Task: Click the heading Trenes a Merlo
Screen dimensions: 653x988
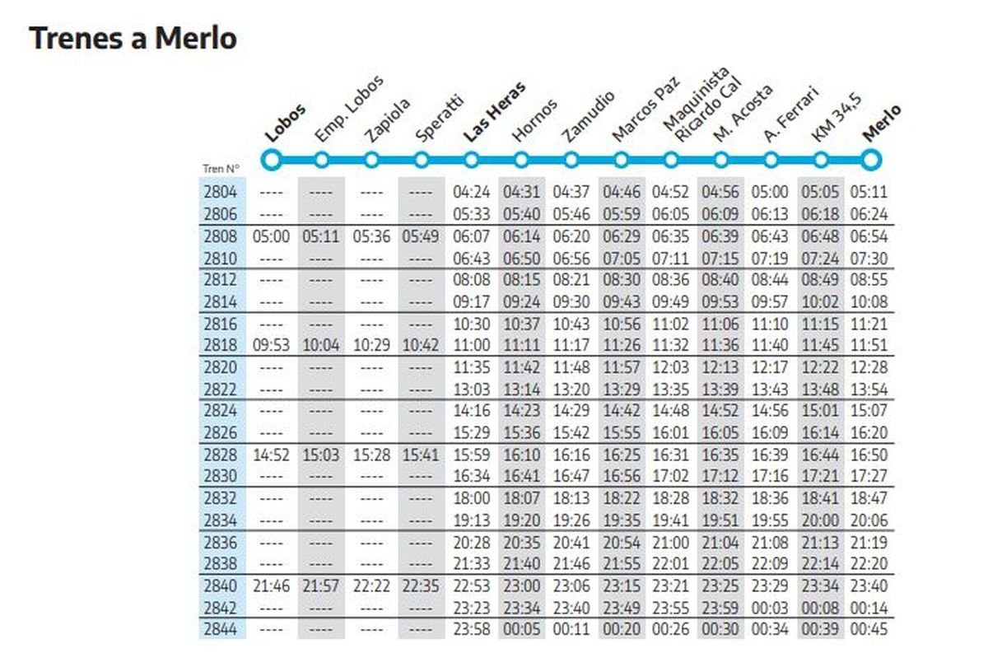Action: [x=133, y=38]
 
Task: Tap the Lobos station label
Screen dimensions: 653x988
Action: [x=285, y=124]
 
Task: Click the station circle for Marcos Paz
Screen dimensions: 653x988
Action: [x=621, y=160]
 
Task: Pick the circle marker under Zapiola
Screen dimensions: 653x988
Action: [x=371, y=160]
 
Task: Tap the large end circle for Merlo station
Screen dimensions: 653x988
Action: [x=870, y=159]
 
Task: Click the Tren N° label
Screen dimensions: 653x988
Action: [x=220, y=170]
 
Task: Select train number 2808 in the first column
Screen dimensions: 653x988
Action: [x=220, y=236]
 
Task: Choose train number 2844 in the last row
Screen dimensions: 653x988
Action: [x=220, y=629]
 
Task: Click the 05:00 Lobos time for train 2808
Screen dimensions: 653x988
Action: [x=272, y=236]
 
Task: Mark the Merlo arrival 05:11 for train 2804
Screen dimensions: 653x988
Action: [x=869, y=193]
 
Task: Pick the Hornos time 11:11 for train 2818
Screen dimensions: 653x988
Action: [x=521, y=345]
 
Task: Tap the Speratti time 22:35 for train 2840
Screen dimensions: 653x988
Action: [x=422, y=585]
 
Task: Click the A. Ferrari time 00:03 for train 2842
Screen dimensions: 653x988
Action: [x=770, y=608]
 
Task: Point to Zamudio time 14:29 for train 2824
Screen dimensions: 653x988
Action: [x=571, y=411]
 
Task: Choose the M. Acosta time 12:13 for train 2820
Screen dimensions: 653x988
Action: [x=720, y=367]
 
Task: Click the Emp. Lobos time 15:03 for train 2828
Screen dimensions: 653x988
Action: [x=321, y=455]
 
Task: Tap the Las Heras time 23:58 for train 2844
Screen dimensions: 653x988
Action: [x=472, y=629]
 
